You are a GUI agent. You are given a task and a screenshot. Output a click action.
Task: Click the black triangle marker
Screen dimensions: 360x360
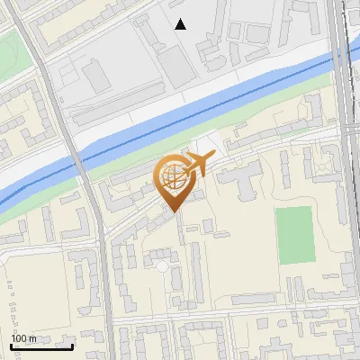[181, 24]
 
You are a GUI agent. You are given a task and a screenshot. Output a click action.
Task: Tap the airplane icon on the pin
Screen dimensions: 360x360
[198, 164]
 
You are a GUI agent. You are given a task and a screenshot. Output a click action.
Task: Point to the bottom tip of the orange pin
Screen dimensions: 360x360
[172, 211]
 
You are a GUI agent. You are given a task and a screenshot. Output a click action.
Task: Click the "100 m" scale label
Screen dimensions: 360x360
[24, 338]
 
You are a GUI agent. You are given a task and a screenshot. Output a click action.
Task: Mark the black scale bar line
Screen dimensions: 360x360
[41, 346]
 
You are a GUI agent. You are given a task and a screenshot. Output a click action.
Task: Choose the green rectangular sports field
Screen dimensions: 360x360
[293, 235]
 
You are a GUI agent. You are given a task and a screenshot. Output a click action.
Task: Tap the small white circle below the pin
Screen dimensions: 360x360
[162, 266]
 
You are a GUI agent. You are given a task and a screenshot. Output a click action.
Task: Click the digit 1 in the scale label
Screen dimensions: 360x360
[14, 338]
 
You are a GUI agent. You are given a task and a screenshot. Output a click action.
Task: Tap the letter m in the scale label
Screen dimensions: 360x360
[33, 338]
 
